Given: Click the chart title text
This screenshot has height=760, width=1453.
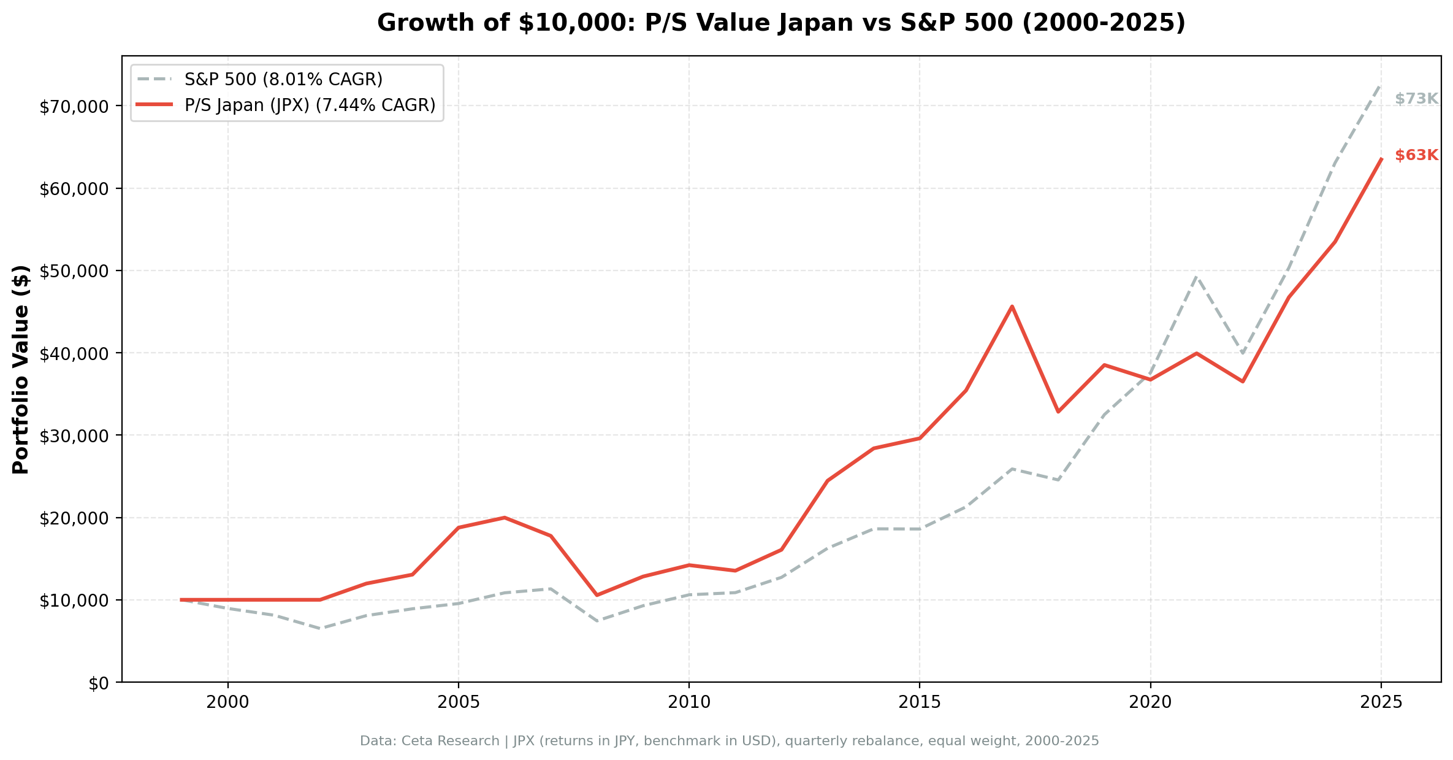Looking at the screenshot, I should click(781, 23).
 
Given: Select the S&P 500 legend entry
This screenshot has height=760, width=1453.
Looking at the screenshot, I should click(283, 80).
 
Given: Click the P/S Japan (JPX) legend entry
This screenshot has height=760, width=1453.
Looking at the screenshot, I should click(310, 106).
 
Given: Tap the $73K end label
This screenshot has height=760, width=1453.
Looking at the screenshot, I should click(1416, 99).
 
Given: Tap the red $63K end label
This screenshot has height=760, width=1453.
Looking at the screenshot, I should click(1416, 156).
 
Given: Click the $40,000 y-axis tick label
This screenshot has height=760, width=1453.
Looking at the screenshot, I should click(74, 354).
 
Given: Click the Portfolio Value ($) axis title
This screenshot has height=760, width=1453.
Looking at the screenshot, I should click(21, 369).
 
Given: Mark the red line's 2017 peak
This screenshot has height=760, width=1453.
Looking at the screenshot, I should click(1012, 306).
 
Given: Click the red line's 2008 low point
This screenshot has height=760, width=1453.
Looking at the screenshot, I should click(597, 595).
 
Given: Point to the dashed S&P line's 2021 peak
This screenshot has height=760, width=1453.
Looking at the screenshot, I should click(1196, 277).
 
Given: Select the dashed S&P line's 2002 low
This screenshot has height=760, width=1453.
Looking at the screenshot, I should click(320, 628).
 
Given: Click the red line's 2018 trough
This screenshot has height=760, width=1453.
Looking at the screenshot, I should click(1058, 412).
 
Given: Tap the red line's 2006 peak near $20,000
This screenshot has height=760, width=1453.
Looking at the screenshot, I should click(504, 518).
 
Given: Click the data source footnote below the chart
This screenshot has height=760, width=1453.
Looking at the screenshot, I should click(729, 742).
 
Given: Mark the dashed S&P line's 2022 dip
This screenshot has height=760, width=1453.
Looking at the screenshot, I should click(1243, 353).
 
